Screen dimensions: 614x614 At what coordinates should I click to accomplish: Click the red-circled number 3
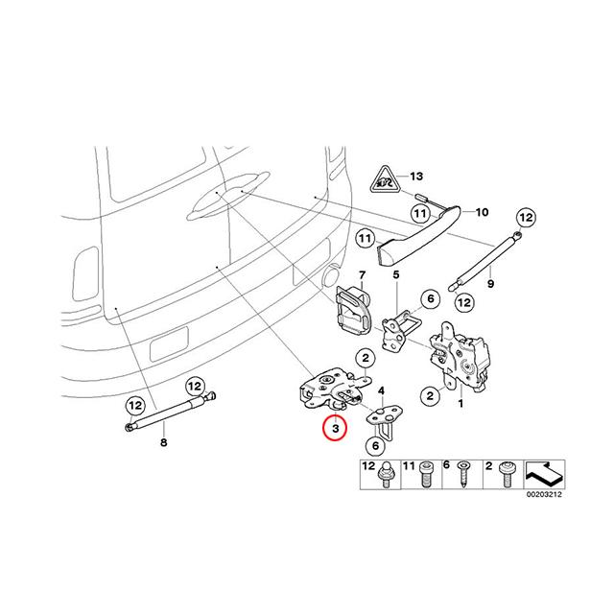[333, 429]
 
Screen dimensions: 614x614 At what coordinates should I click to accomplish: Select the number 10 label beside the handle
[482, 212]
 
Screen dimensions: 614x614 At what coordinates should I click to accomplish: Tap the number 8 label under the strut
[162, 442]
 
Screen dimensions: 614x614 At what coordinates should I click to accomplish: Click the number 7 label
[363, 276]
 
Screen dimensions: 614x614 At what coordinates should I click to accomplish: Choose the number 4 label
[383, 390]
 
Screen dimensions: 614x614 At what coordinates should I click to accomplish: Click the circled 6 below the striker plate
[375, 445]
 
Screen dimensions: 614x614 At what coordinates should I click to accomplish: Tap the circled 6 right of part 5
[430, 299]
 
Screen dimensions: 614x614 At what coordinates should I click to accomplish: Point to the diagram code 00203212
[542, 496]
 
